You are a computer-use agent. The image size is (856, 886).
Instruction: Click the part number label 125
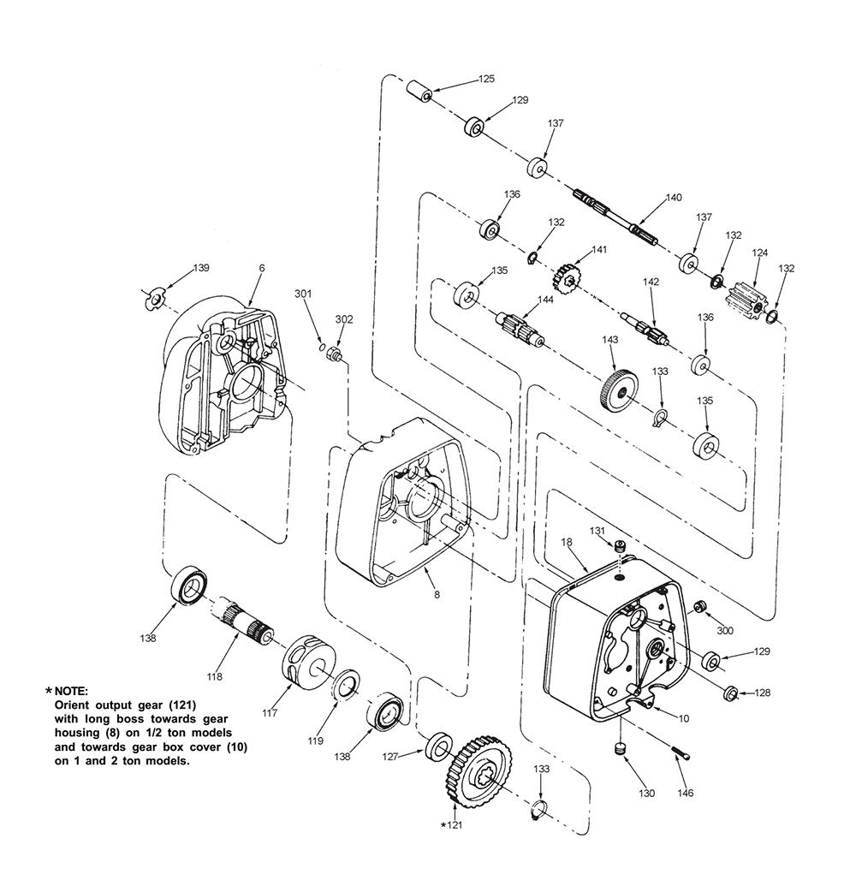485,79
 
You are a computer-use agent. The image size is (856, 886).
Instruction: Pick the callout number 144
544,300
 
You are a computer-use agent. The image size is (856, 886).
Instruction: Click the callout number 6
262,269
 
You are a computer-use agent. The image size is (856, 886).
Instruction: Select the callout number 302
343,319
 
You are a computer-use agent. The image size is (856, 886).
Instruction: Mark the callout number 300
725,631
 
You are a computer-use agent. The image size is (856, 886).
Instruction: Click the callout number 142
651,282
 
